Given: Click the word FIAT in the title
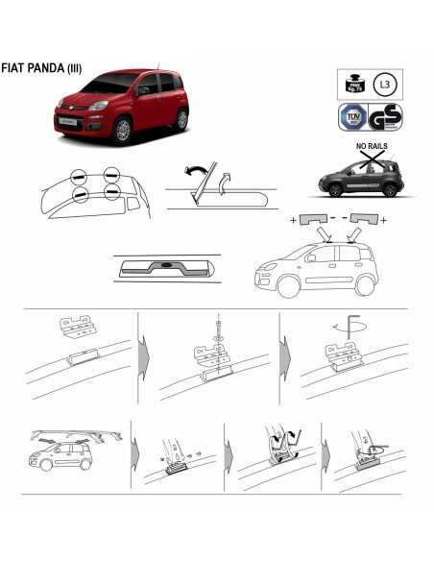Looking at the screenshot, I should point(15,68).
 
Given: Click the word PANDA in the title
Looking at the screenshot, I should point(48,68).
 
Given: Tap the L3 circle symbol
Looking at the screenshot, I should point(384,85).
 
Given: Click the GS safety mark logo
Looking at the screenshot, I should point(385,117).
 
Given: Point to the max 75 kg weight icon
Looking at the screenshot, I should point(350,85).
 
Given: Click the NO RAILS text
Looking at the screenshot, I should point(373,150).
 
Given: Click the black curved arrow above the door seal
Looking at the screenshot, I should point(199,172).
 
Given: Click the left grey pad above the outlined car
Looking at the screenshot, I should point(311,220).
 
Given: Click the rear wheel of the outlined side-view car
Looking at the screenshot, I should point(363,285).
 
